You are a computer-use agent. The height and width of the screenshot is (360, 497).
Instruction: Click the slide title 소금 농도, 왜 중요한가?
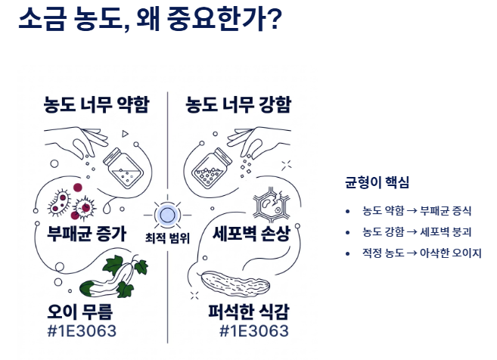click(x=150, y=19)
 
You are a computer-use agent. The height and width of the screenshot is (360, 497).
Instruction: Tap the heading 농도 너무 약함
click(x=96, y=104)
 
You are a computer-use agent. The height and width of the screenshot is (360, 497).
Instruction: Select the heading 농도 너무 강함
click(x=238, y=104)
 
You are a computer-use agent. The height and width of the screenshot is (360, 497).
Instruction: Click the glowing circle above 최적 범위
click(x=167, y=216)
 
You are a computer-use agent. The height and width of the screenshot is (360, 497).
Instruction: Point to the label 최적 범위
click(x=167, y=238)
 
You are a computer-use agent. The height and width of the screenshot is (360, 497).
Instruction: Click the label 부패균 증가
click(x=86, y=234)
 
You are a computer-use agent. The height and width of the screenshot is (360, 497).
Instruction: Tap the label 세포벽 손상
click(x=251, y=234)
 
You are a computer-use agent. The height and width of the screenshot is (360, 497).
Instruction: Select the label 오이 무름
click(x=80, y=312)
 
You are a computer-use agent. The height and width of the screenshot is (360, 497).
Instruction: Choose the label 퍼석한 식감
click(x=249, y=312)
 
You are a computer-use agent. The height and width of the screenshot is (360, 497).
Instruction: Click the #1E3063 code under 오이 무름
click(x=82, y=331)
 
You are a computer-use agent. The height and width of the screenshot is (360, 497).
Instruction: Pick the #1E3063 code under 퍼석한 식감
click(x=254, y=331)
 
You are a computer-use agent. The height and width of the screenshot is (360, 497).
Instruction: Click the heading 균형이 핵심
click(x=377, y=182)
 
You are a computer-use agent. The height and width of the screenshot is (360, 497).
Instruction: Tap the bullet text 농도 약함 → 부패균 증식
click(x=417, y=211)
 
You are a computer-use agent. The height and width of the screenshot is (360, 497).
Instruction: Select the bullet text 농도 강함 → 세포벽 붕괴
click(x=417, y=232)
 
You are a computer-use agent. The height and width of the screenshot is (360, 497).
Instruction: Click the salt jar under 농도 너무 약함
click(x=123, y=168)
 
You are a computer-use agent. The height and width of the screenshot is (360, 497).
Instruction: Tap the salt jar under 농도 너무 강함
click(x=212, y=168)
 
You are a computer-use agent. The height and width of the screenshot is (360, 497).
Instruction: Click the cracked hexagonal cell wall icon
click(x=272, y=204)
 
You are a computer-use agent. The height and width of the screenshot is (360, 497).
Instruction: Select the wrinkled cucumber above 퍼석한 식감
click(x=235, y=283)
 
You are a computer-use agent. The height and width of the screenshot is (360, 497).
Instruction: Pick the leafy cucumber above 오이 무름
click(x=113, y=276)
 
